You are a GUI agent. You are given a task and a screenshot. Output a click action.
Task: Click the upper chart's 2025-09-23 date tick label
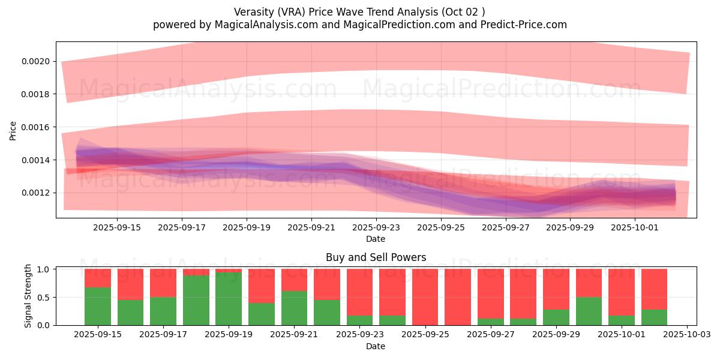(x=376, y=227)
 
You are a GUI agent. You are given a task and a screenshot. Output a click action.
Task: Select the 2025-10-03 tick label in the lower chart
(x=686, y=335)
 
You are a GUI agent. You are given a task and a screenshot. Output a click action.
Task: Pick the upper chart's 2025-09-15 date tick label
(x=117, y=227)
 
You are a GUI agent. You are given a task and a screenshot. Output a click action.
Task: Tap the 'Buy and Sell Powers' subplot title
(x=376, y=257)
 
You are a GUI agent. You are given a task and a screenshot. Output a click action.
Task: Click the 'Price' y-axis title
(x=13, y=130)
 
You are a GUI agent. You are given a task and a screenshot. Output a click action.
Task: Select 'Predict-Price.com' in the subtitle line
(x=526, y=25)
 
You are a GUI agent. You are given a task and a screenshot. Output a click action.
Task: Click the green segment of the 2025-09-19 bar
(x=229, y=299)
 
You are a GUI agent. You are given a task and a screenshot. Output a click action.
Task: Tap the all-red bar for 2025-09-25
(x=425, y=297)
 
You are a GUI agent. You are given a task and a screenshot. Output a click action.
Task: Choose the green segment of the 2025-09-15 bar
(x=98, y=306)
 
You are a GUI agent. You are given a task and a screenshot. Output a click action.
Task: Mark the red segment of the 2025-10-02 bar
(x=654, y=289)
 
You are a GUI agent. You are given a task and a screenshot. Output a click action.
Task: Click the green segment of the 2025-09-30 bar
(x=589, y=311)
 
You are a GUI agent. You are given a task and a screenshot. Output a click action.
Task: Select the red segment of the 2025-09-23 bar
(x=359, y=292)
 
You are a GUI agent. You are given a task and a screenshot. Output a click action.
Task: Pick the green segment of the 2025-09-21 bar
(x=294, y=308)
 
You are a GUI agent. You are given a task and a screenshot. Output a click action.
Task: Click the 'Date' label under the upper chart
(x=376, y=239)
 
